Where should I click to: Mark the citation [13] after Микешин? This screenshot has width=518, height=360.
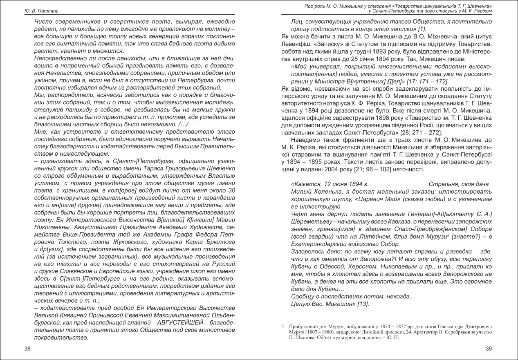click(363, 304)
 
